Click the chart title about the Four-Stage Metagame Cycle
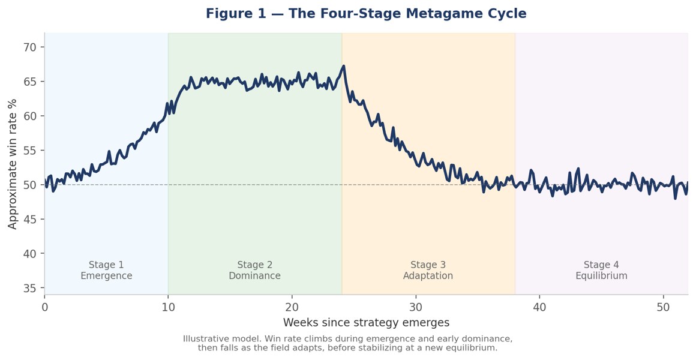[366, 13]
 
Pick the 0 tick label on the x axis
[44, 307]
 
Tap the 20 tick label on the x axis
[292, 307]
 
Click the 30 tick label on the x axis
[416, 307]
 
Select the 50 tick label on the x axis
[663, 307]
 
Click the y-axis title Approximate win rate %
[13, 164]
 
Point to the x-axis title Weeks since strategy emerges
[366, 322]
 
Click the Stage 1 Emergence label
[106, 271]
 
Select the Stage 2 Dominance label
[255, 271]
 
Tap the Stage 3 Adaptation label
[428, 271]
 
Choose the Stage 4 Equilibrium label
[601, 271]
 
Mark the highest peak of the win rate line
[344, 66]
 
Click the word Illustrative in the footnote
[203, 339]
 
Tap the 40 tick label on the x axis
[539, 307]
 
